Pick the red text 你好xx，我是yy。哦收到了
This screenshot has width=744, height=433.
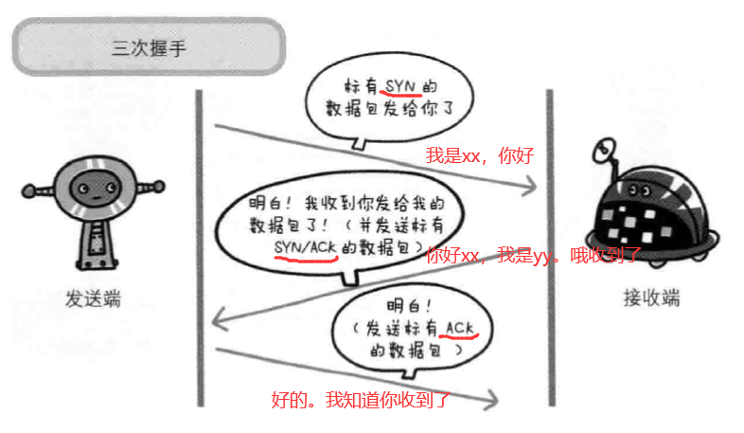click(534, 254)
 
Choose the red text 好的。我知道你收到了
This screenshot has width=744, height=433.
click(360, 400)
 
